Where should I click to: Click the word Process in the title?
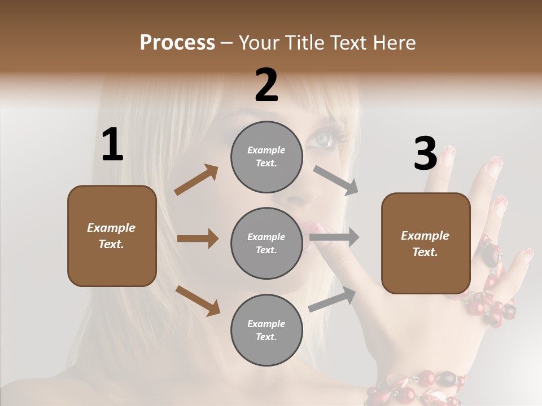coord(177,43)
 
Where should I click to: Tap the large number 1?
coord(112,144)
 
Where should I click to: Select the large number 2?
coord(266,85)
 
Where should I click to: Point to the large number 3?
coord(425,154)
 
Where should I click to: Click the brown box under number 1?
coord(112,236)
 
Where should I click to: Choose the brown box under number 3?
coord(426,243)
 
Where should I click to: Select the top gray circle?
coord(266,157)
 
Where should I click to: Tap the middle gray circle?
coord(266,243)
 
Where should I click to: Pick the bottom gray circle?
coord(266,330)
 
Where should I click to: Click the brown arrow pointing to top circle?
coord(196,180)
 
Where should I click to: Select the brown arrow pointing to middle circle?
coord(197,239)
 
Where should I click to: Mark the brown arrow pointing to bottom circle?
coord(198,301)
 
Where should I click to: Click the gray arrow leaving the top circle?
coord(336,180)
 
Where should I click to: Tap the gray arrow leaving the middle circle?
coord(334,237)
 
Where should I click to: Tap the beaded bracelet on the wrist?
coord(418,386)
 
